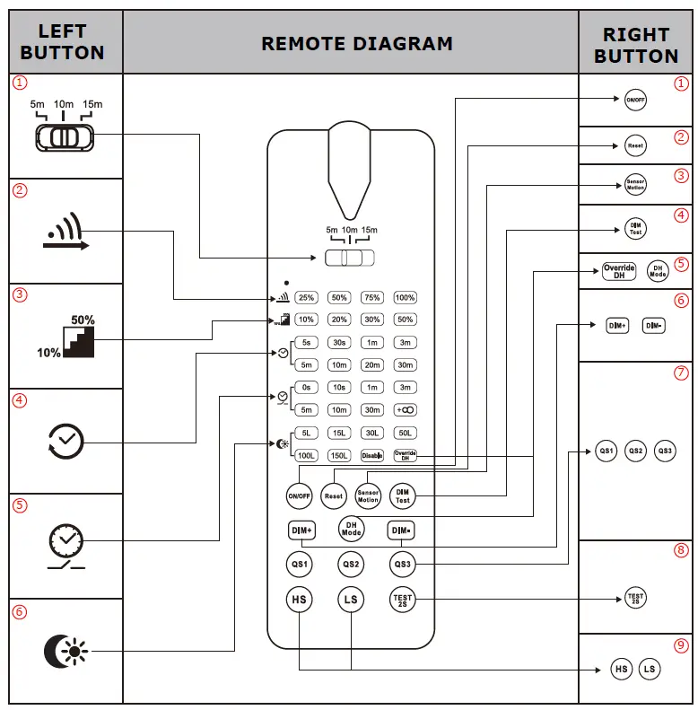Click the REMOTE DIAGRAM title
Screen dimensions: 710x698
pos(356,43)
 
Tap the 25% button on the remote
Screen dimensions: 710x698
pos(306,297)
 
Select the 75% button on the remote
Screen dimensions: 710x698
pos(371,297)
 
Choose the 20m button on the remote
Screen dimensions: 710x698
pos(371,365)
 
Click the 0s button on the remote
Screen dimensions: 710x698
pos(306,388)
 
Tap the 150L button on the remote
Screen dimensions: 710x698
pos(339,456)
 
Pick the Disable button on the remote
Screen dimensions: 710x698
pos(371,456)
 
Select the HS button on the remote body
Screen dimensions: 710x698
pos(299,599)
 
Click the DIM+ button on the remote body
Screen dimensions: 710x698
pos(300,530)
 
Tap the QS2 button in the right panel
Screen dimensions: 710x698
pos(635,451)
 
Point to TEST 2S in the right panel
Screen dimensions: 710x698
pos(635,598)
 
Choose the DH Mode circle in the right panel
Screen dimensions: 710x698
pos(658,270)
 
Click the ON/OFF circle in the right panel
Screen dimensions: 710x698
pos(635,101)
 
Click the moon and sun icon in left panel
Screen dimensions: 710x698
pos(65,651)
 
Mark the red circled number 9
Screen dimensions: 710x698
pos(681,644)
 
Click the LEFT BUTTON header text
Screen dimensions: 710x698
pos(63,42)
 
